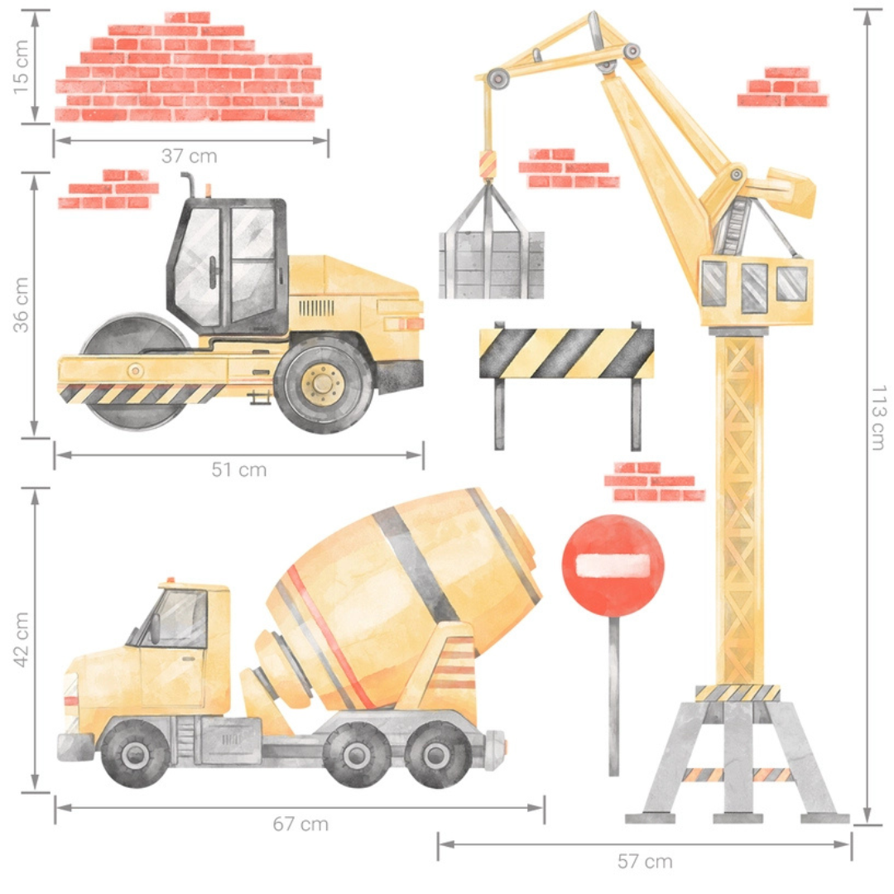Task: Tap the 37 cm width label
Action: click(190, 156)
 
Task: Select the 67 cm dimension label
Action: click(300, 824)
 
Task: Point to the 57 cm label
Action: click(644, 862)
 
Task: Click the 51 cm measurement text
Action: click(238, 469)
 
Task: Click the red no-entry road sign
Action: click(613, 565)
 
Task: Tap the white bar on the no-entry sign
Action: click(613, 565)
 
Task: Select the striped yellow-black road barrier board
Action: click(566, 353)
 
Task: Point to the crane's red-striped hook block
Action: click(487, 164)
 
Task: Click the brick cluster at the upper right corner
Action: click(782, 88)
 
